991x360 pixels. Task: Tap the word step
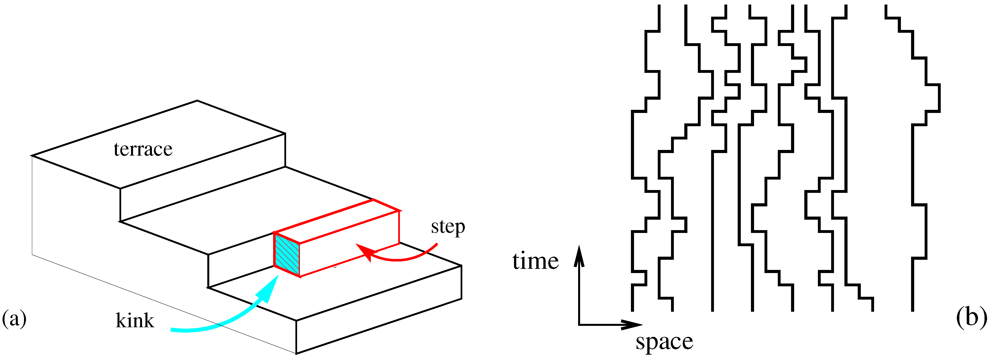(x=448, y=227)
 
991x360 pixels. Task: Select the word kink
(x=135, y=320)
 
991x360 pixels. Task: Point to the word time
(x=535, y=261)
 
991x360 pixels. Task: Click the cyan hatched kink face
(x=287, y=255)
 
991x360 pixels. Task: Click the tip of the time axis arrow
(x=579, y=247)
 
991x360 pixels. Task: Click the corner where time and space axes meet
(x=579, y=325)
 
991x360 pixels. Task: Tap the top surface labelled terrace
(x=158, y=144)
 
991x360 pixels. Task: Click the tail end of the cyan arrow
(x=172, y=330)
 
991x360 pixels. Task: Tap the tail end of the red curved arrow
(x=437, y=244)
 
